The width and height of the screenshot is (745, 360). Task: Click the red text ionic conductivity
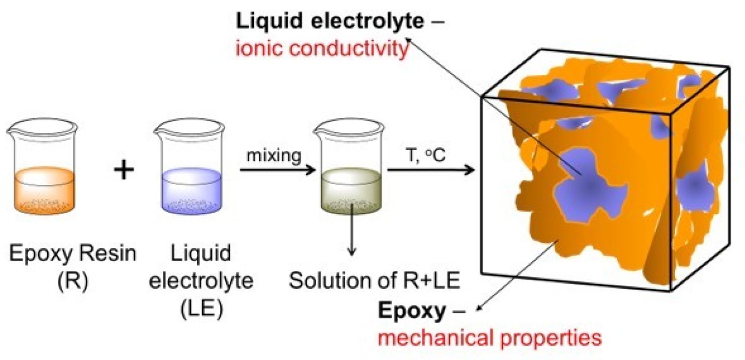(x=322, y=50)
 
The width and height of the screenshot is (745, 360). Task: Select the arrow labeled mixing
(x=277, y=170)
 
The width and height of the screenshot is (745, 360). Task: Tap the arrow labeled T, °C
(x=431, y=170)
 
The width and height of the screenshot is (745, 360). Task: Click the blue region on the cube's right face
(x=693, y=187)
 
